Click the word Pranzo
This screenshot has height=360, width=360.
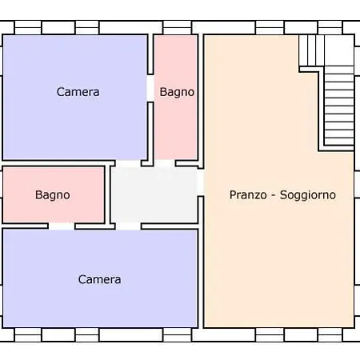point(248,195)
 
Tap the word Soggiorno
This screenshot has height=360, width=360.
point(308,195)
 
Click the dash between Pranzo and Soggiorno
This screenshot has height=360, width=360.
point(273,195)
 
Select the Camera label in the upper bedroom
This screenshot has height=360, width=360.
point(78,92)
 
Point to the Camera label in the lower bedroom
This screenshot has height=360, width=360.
point(99,279)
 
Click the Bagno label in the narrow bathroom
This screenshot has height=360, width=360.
point(177,92)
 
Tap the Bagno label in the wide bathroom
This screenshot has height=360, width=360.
point(53,195)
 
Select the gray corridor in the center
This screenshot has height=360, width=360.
point(154,195)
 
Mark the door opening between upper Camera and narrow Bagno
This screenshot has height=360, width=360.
point(150,88)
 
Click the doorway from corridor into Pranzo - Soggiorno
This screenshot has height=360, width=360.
point(200,182)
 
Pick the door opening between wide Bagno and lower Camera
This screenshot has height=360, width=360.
point(62,226)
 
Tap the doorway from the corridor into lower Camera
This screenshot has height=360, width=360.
point(129,226)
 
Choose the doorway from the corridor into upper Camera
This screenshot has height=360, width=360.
point(129,164)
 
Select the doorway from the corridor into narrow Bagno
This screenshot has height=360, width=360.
point(165,163)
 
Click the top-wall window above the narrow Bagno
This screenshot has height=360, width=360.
point(178,28)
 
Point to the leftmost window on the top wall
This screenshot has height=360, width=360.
point(28,28)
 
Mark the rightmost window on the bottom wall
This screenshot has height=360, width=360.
point(330,335)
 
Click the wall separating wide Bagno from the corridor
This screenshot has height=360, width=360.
point(108,195)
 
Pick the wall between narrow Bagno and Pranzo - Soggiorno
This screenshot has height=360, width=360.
point(201,102)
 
